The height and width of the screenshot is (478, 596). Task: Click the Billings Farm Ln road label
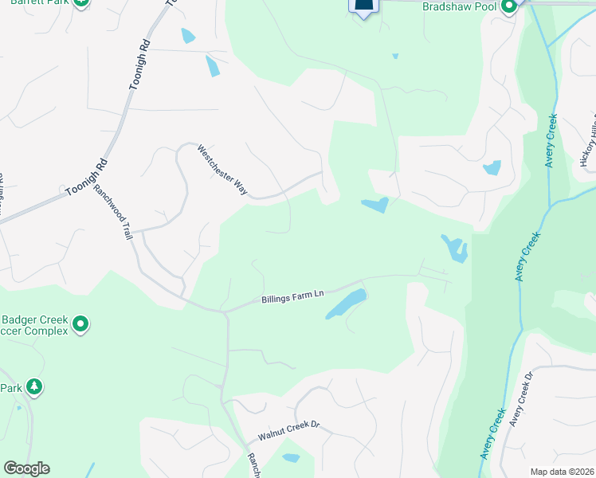click(292, 298)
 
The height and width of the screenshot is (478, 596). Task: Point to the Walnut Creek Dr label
click(288, 432)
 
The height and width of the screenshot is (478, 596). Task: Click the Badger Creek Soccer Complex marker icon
click(80, 324)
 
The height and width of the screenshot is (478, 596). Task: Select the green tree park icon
click(33, 387)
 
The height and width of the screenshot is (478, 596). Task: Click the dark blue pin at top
click(363, 6)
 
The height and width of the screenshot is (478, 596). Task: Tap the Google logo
click(26, 468)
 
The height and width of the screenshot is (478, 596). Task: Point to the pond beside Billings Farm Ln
click(346, 304)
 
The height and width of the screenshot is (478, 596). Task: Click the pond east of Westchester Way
click(374, 206)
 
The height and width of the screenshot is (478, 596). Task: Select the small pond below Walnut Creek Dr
click(291, 458)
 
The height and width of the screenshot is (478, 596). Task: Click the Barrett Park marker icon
click(81, 3)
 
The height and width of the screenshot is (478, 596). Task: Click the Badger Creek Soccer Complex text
click(32, 324)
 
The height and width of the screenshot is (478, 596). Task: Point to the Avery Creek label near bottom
click(493, 434)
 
